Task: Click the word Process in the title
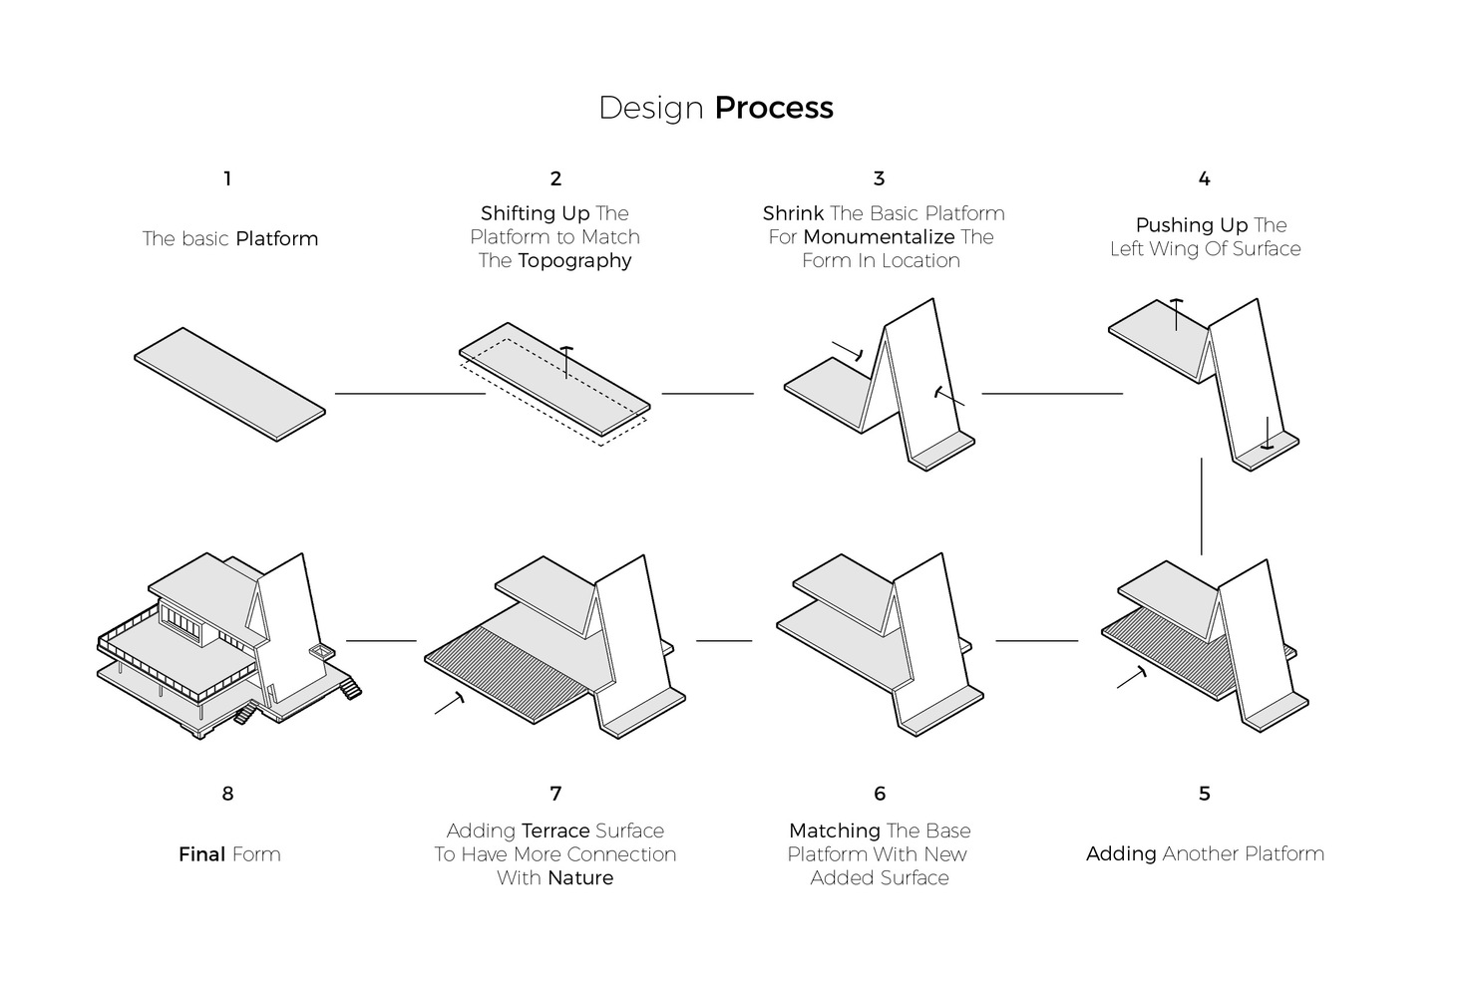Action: click(x=774, y=108)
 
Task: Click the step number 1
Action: click(x=227, y=179)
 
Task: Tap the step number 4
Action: click(x=1204, y=179)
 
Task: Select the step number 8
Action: click(x=227, y=795)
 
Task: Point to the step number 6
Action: click(x=880, y=795)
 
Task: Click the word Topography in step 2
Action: click(x=574, y=261)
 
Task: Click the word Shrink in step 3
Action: click(x=793, y=213)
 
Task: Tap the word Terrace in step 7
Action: click(x=555, y=831)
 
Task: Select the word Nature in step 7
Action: click(x=580, y=878)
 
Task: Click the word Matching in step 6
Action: click(x=834, y=831)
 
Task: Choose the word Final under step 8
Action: click(x=201, y=854)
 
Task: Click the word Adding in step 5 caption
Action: click(x=1121, y=854)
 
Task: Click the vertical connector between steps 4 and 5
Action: click(x=1202, y=505)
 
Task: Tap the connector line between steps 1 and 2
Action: click(x=409, y=394)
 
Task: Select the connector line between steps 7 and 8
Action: click(x=380, y=641)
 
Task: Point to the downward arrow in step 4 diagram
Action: click(x=1267, y=435)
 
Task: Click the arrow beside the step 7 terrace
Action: click(x=450, y=702)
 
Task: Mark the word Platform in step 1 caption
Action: click(x=276, y=239)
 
